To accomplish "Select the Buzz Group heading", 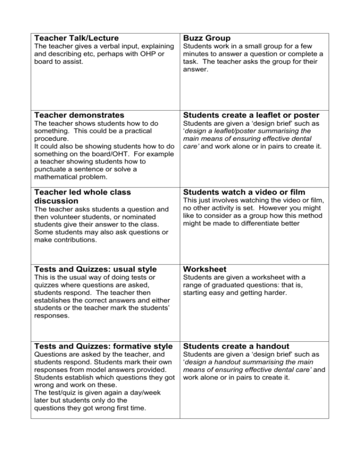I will [x=207, y=38].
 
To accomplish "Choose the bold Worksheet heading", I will [x=205, y=270].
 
